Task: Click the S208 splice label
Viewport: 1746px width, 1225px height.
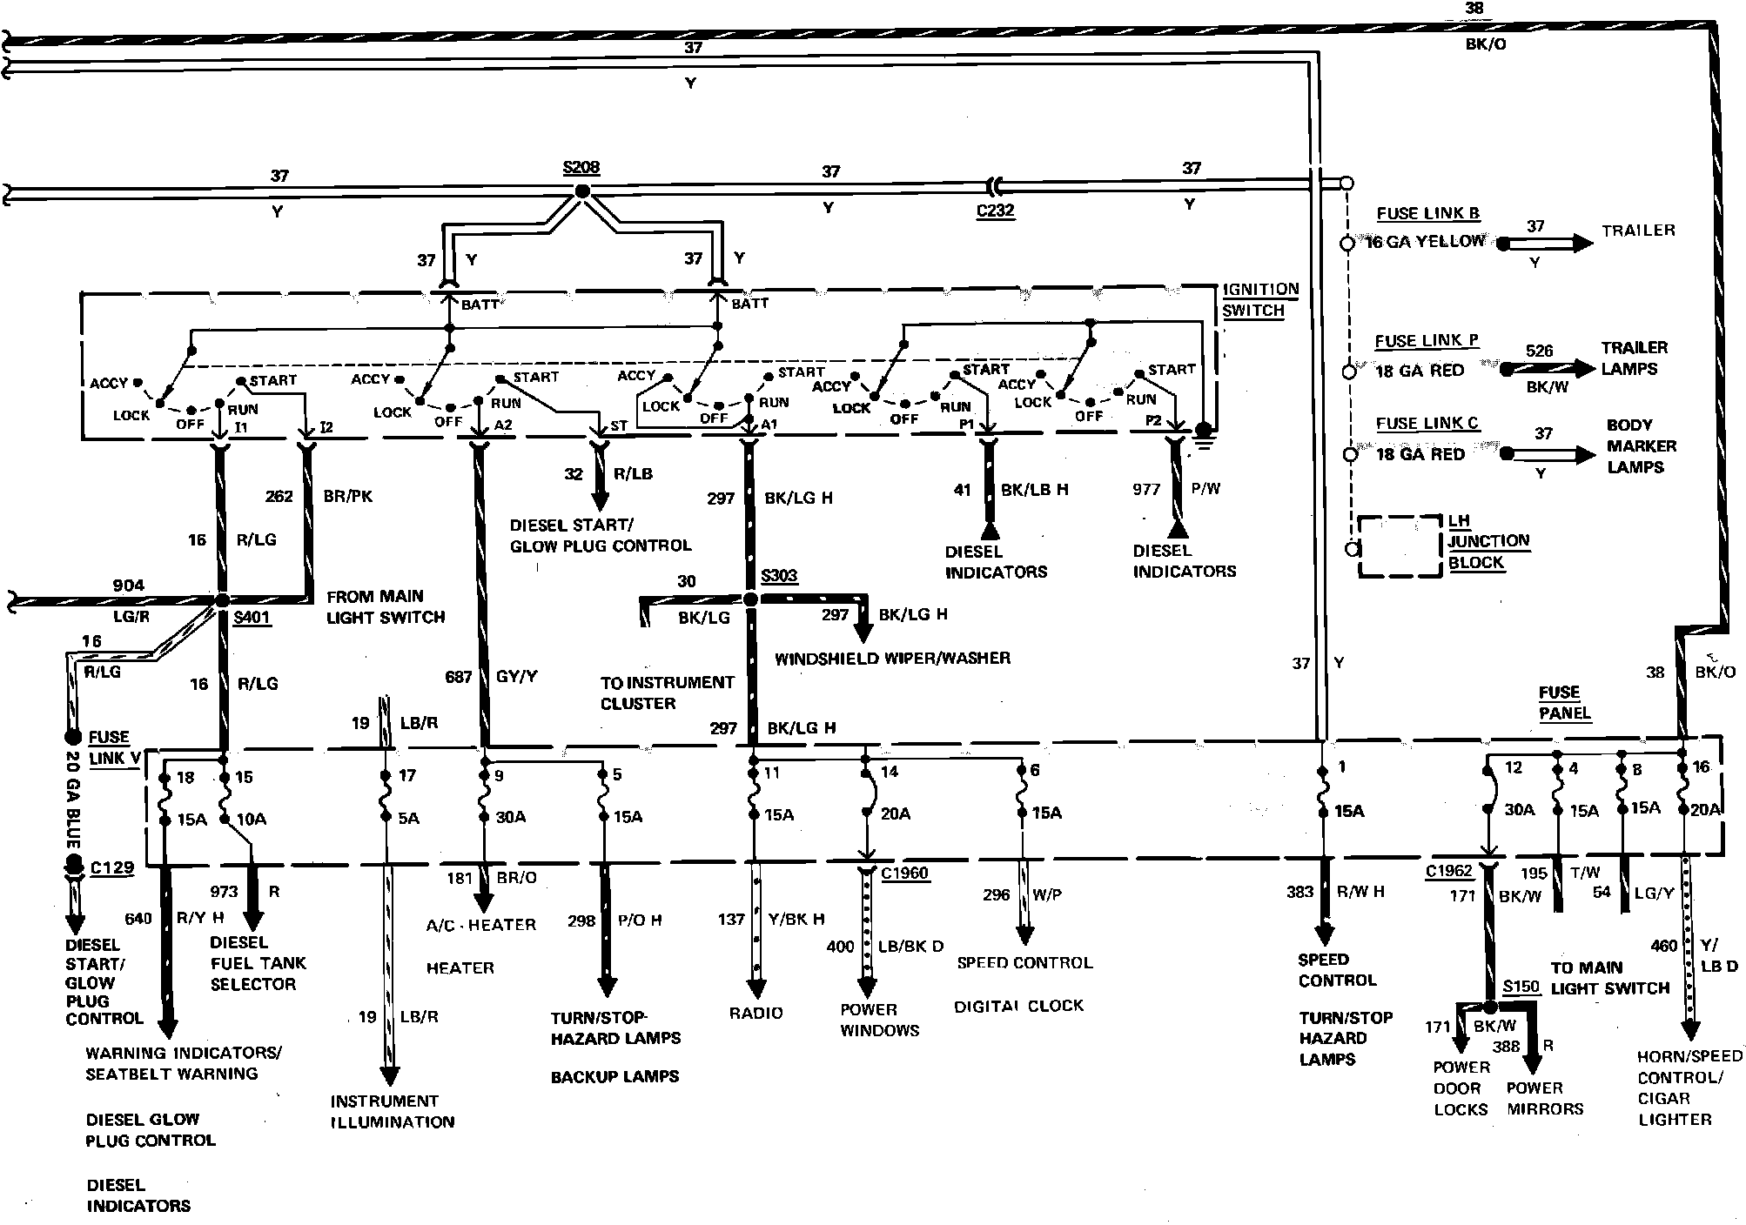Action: coord(581,168)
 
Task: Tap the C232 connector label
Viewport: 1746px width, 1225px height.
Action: coord(996,211)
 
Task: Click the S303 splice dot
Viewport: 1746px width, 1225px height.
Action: coord(750,599)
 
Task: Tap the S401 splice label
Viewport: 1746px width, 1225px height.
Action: coord(252,619)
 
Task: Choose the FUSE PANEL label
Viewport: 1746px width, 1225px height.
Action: coord(1564,703)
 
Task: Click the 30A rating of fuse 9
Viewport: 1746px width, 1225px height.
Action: coord(511,817)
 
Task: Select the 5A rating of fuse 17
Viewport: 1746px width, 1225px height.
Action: coord(408,818)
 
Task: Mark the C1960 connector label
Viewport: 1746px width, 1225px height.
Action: coord(904,874)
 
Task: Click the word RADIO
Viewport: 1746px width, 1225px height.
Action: coord(755,1013)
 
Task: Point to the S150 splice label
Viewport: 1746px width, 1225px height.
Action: coord(1521,987)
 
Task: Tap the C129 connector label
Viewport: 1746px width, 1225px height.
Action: coord(112,867)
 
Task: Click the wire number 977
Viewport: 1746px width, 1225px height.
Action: coord(1146,489)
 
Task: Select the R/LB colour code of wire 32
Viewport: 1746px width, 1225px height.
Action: coord(633,474)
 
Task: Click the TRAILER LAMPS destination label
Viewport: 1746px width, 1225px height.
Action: coord(1634,358)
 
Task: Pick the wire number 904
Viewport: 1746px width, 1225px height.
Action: coord(128,586)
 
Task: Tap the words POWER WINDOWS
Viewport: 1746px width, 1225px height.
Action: coord(879,1020)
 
